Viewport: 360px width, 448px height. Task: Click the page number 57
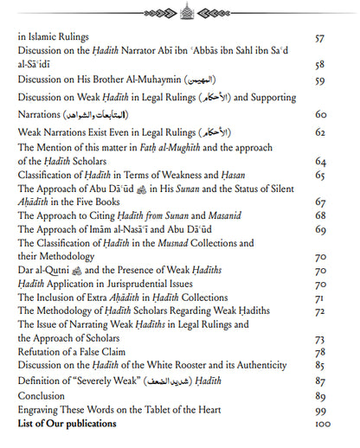321,39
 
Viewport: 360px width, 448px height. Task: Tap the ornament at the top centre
179,11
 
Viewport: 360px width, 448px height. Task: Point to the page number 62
321,132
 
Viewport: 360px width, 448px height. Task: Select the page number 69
321,229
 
